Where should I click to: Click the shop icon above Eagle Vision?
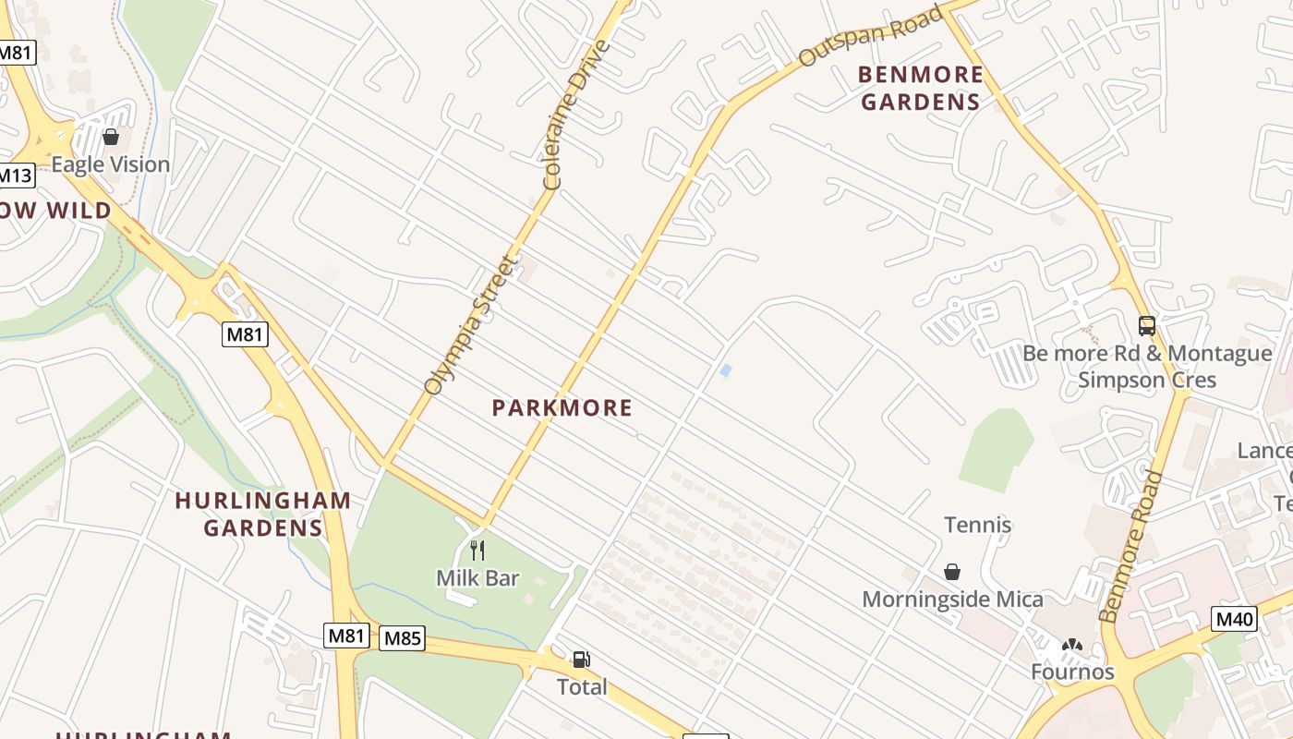click(111, 138)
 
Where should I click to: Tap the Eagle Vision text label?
click(111, 164)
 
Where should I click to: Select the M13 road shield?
click(15, 176)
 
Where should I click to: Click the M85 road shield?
click(402, 638)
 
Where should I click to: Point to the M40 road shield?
click(1234, 618)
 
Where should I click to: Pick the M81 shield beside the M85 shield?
click(347, 636)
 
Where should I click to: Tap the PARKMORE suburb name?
click(562, 407)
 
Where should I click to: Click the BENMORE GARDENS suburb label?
click(920, 88)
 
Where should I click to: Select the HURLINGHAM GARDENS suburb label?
click(263, 514)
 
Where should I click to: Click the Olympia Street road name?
click(468, 325)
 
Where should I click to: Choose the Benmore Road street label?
click(1131, 546)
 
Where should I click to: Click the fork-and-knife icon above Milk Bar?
click(477, 551)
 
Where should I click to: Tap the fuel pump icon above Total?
click(581, 660)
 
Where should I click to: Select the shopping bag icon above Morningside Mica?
click(952, 573)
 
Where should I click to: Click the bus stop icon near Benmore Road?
click(1146, 326)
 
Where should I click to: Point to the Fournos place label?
click(1072, 672)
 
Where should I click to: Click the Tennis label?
click(977, 525)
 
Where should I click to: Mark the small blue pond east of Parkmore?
click(726, 370)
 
